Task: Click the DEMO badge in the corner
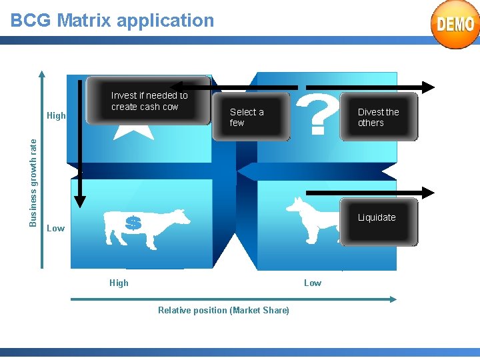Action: (455, 25)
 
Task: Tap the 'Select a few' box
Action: (251, 118)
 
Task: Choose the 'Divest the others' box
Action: (379, 118)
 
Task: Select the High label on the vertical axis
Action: (57, 115)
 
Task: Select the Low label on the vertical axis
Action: (56, 228)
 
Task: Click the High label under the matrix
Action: (119, 283)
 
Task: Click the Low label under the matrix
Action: (313, 283)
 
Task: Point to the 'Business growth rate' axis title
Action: (33, 181)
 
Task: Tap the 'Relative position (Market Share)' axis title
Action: (223, 310)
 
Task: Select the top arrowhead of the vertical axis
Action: (42, 75)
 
